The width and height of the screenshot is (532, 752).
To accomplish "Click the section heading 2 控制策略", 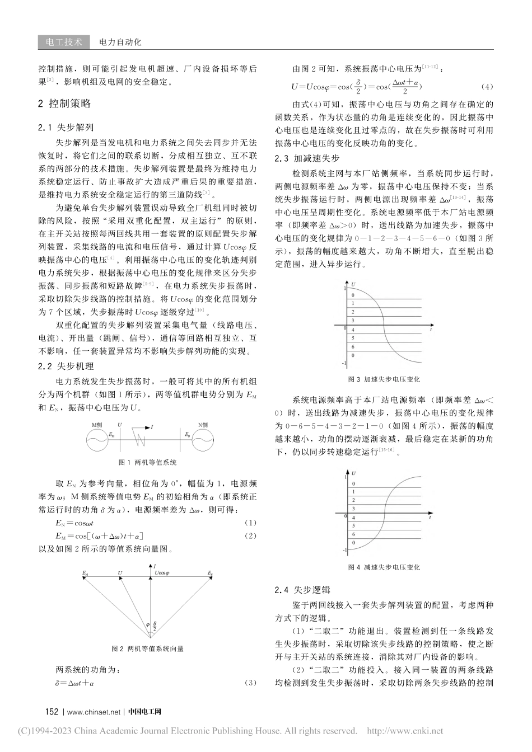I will (x=64, y=104).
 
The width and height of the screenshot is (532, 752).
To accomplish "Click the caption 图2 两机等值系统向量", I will (x=148, y=648).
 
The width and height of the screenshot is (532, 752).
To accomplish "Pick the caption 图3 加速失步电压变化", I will (x=384, y=379).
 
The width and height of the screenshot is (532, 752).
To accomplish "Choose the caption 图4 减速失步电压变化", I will (x=384, y=567).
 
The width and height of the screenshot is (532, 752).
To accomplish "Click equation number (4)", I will (x=487, y=87).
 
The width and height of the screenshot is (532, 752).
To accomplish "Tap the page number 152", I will (x=52, y=712).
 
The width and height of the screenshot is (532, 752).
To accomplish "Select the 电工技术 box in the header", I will (x=63, y=42).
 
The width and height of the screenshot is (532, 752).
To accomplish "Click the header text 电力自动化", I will (x=120, y=42).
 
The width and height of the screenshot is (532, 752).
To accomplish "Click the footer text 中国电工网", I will (x=144, y=712).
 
